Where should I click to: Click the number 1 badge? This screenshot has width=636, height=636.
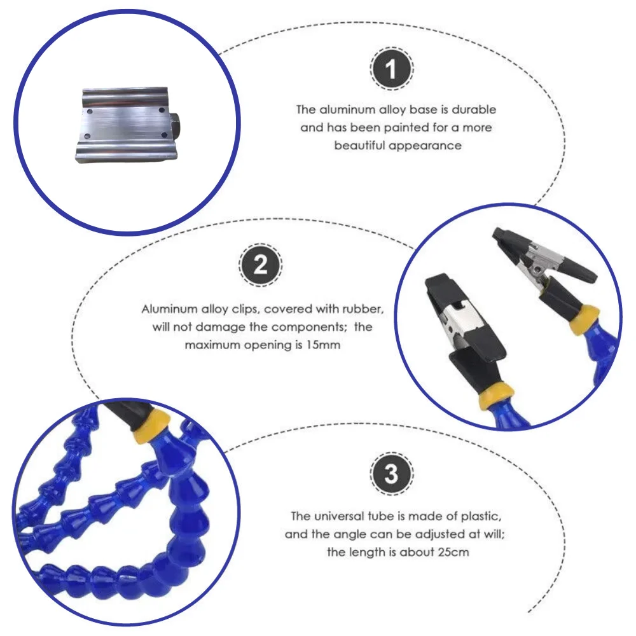click(x=392, y=67)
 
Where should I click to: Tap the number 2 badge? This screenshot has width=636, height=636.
click(x=261, y=265)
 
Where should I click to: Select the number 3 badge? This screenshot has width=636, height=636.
click(x=392, y=474)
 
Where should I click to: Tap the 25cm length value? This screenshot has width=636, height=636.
click(x=453, y=552)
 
